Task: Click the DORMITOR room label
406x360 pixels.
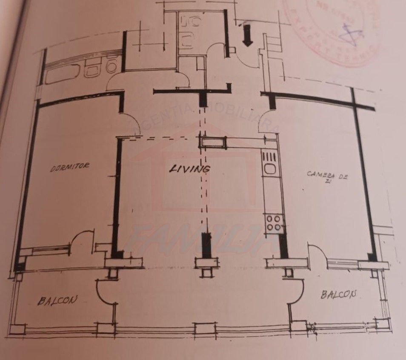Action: coord(70,166)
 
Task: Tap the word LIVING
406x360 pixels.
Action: coord(190,169)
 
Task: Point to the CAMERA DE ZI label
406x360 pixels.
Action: coord(327,176)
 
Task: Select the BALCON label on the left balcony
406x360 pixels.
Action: coord(58,300)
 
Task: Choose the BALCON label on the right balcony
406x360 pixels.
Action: coord(339,294)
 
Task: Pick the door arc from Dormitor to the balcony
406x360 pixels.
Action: coord(83,240)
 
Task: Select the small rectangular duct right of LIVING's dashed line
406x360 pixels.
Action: coord(214,142)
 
